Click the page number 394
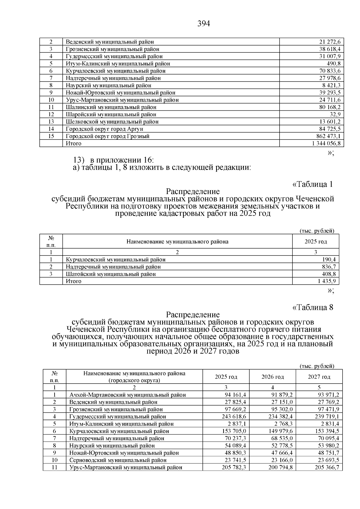[x=204, y=23]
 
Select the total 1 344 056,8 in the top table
[x=326, y=143]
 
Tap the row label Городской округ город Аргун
[x=104, y=129]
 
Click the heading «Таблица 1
[x=313, y=184]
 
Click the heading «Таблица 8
[x=313, y=307]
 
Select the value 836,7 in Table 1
[x=328, y=267]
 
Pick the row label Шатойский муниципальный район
[x=111, y=274]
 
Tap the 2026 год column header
[x=272, y=377]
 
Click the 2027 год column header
[x=319, y=377]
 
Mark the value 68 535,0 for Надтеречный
[x=281, y=438]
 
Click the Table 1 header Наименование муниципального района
[x=177, y=241]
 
